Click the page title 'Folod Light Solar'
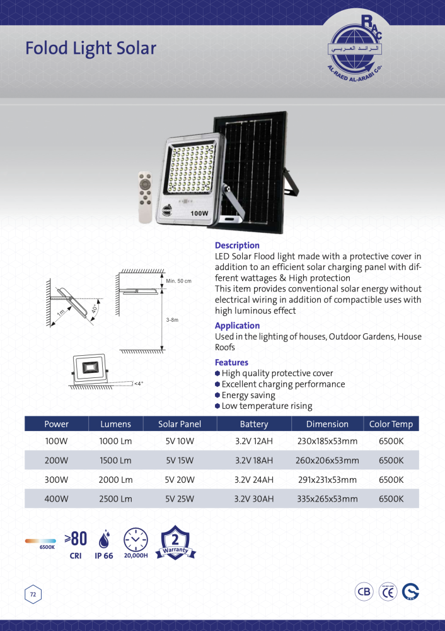91,49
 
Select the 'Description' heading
237,245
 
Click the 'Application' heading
237,326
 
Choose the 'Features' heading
231,362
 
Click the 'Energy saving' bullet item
248,395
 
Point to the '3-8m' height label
172,320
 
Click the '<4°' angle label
138,383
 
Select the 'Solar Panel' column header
180,424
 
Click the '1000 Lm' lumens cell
115,442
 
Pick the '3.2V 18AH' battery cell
254,461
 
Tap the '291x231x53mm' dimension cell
327,480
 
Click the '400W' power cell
57,498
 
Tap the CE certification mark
388,592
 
